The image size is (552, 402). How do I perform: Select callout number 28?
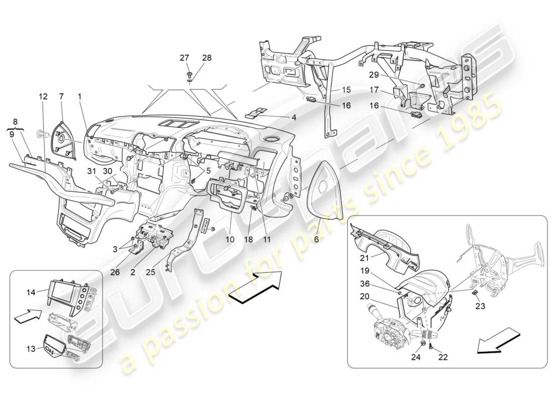click(x=206, y=58)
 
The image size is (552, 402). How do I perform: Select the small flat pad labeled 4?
click(x=257, y=113)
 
